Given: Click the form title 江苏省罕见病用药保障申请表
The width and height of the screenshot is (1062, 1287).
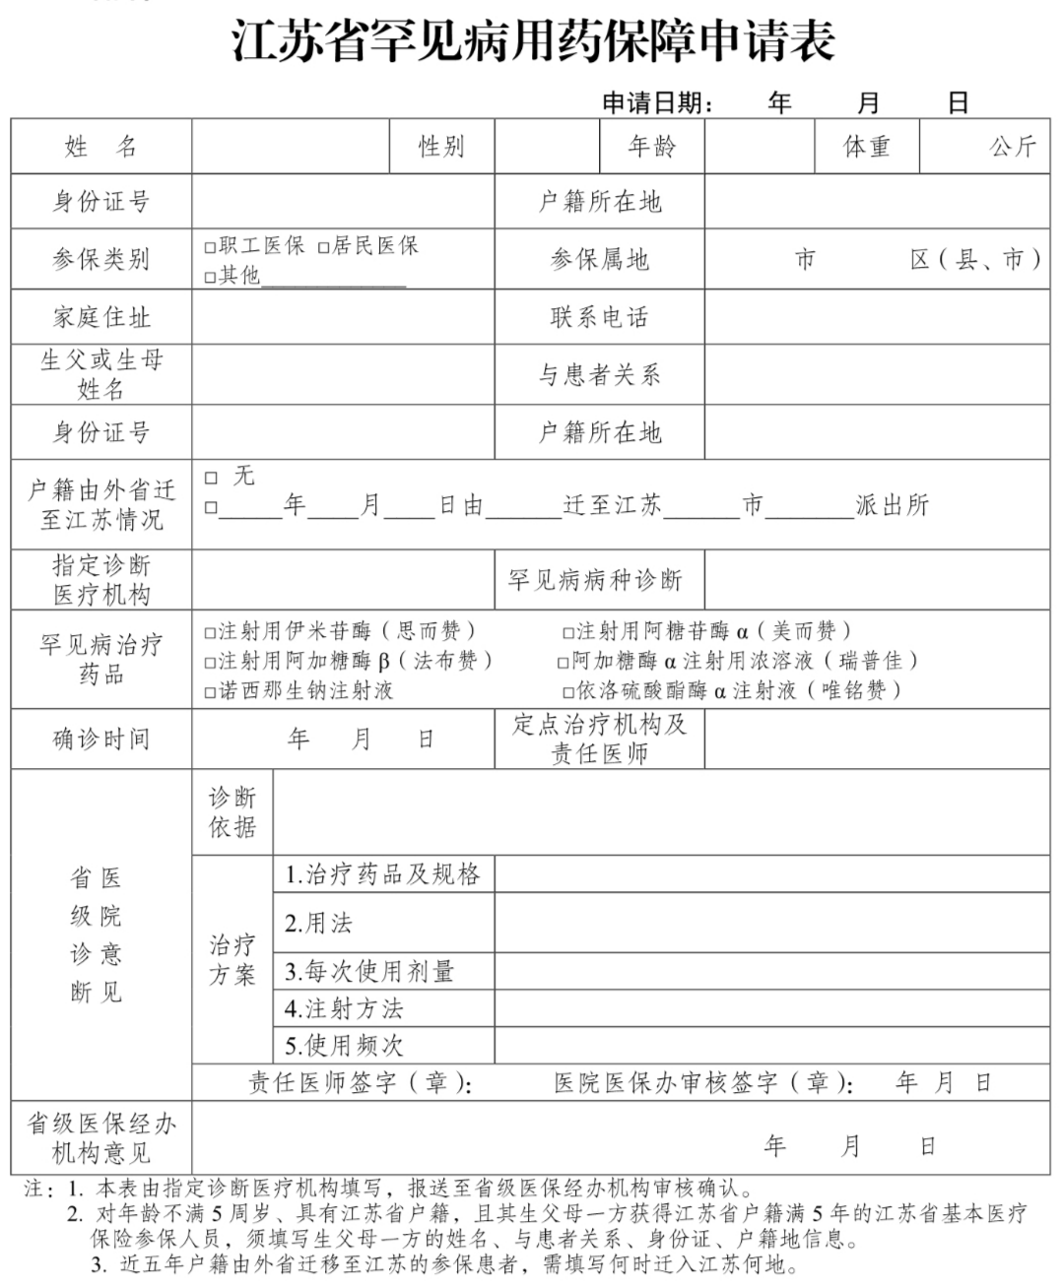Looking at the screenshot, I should (533, 41).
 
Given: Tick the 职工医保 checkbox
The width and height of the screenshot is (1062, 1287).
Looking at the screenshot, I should (210, 247).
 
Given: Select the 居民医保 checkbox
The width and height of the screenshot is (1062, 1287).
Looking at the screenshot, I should (323, 247).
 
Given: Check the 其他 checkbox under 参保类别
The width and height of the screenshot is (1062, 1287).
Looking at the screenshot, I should (210, 277).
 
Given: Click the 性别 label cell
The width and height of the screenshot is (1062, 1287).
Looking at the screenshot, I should (441, 148).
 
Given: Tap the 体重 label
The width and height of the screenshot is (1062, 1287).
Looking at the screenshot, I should (867, 148).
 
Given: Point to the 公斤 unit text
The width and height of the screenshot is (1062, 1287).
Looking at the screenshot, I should (1013, 148).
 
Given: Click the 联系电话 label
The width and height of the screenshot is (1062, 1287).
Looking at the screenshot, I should (599, 317).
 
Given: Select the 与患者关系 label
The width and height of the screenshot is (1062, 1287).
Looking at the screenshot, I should (599, 375).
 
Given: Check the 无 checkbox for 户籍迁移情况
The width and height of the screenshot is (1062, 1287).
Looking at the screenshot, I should (211, 478).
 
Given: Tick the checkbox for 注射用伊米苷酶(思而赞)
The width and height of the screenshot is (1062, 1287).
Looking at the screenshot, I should (210, 632).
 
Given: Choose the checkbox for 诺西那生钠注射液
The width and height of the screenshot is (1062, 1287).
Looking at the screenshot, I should (210, 692).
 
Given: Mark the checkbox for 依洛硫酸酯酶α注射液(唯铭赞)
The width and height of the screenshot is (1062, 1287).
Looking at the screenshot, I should (567, 692).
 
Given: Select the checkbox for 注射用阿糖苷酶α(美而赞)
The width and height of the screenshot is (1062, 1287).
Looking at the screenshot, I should (567, 632).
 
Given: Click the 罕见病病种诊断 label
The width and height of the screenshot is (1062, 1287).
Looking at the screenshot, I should (595, 580).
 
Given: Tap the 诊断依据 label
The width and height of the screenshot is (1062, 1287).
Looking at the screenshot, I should (232, 812).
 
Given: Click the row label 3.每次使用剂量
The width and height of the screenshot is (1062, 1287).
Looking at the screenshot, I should (369, 972).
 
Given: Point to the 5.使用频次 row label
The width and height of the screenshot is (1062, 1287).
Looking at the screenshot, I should (344, 1045).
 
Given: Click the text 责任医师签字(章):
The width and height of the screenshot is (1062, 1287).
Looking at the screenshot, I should (361, 1083).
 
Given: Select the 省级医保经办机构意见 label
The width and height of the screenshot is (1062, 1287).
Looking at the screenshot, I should (101, 1137).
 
